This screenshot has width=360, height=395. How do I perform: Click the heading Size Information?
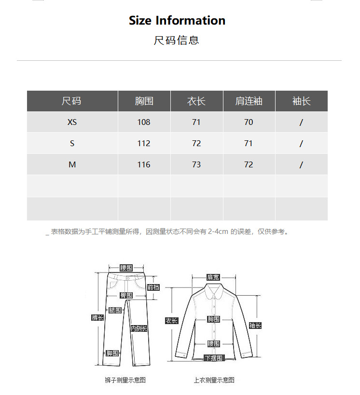(x=177, y=21)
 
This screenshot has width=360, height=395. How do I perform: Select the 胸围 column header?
(x=144, y=101)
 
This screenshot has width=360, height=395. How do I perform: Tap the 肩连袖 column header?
(x=249, y=101)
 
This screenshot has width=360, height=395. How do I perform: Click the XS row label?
(x=72, y=123)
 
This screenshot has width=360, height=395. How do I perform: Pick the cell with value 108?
(x=144, y=123)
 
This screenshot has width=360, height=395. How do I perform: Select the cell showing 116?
(x=144, y=165)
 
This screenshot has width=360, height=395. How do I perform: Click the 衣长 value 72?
(x=196, y=144)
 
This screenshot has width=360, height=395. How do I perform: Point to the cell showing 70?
(x=249, y=123)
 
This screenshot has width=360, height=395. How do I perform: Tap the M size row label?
(x=72, y=165)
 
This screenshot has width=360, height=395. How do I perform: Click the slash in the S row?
(x=301, y=144)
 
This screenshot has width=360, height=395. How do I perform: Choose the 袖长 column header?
(x=301, y=101)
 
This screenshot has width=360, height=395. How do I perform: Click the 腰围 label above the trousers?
(x=126, y=268)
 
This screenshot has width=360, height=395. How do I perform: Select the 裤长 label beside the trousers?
(x=97, y=317)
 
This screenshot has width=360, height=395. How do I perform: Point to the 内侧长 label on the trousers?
(x=139, y=328)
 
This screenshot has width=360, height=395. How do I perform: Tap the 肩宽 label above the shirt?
(x=213, y=277)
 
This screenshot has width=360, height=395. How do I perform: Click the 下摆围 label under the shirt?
(x=213, y=358)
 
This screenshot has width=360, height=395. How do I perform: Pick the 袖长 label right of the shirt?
(x=255, y=326)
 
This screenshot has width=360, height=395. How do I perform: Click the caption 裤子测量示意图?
(x=125, y=380)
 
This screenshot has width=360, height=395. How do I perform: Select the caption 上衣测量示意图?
(x=214, y=380)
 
